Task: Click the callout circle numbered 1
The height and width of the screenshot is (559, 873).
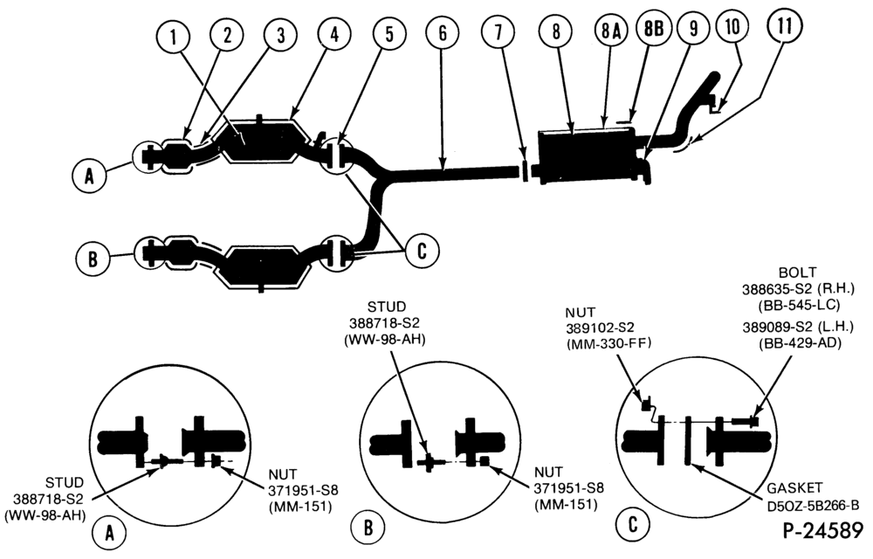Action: tap(174, 38)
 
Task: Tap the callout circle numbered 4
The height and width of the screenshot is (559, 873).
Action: tap(334, 33)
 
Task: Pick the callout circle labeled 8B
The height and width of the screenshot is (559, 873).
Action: tap(654, 28)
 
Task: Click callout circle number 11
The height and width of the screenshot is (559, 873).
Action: tap(784, 27)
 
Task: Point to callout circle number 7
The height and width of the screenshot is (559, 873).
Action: tap(498, 31)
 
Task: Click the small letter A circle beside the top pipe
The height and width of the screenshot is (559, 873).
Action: tap(89, 176)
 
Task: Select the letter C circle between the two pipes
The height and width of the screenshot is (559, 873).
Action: tap(422, 251)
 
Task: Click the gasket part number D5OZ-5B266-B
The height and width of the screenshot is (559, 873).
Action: tap(811, 505)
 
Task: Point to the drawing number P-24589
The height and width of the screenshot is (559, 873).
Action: tap(823, 530)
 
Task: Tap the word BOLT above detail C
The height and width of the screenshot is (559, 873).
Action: tap(798, 273)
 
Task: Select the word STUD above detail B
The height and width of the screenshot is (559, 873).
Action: tap(387, 307)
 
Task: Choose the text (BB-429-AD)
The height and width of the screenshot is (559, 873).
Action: tap(800, 343)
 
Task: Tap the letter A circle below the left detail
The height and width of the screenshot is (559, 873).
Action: tap(110, 534)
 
